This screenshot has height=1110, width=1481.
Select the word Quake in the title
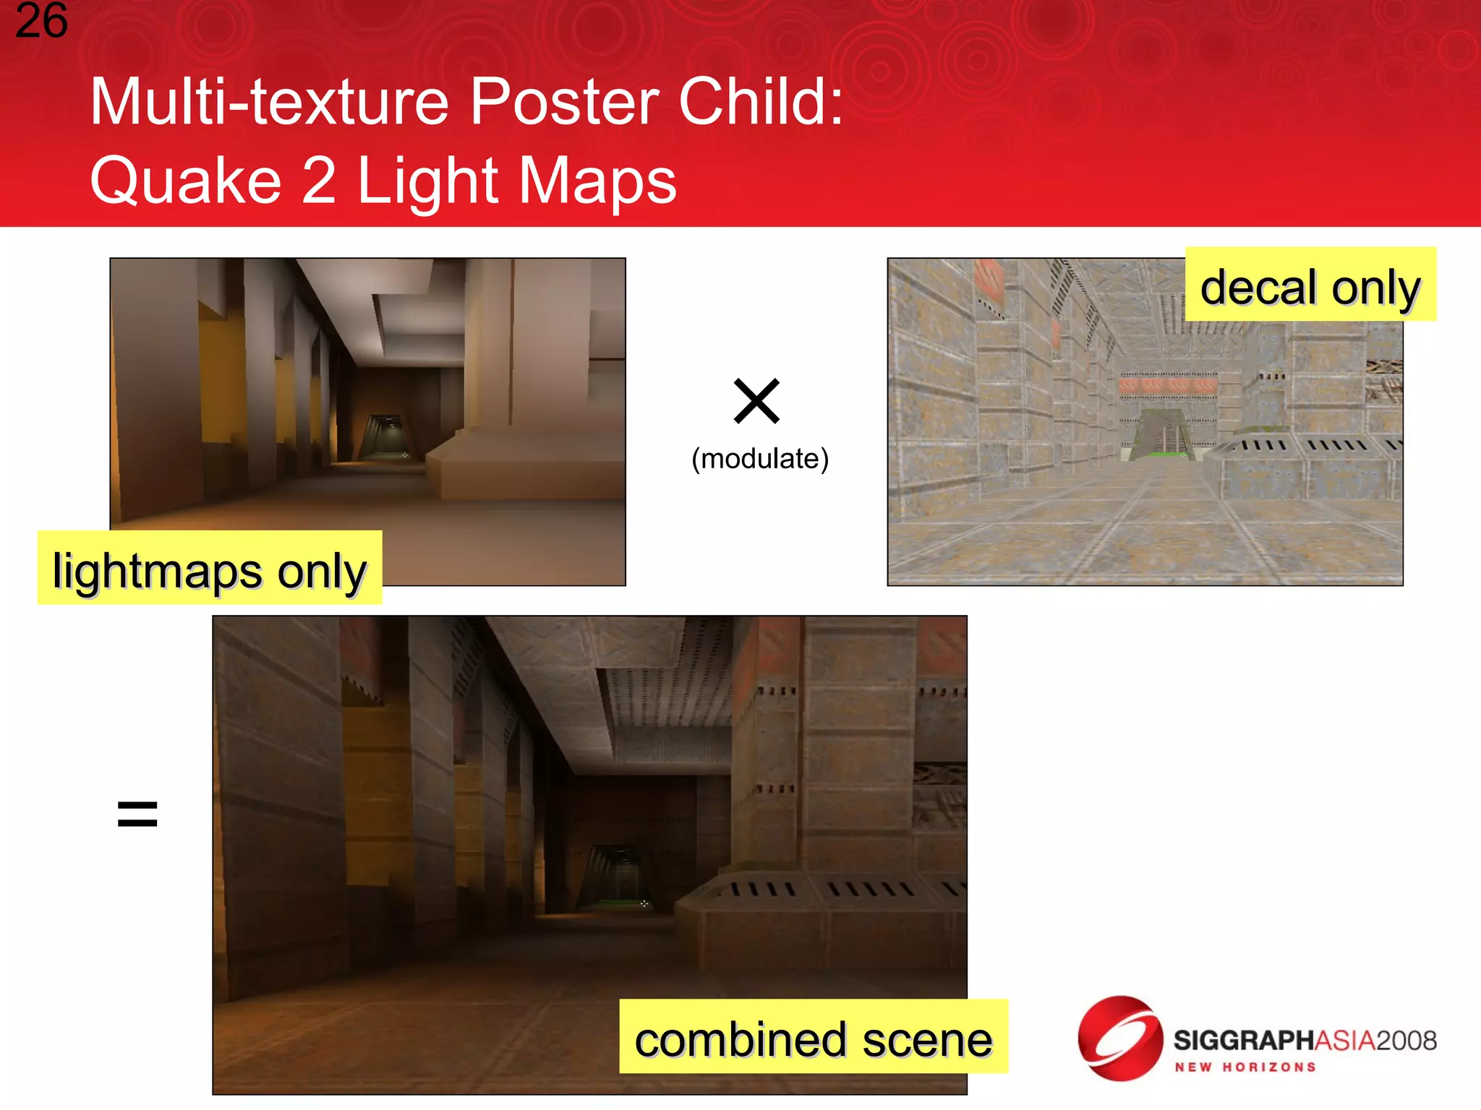185,181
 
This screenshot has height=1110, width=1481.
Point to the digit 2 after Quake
318,181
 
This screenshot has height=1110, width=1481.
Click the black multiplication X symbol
756,400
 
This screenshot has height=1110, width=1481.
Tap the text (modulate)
759,459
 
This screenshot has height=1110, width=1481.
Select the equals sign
137,814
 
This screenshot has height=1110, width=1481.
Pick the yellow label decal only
1310,285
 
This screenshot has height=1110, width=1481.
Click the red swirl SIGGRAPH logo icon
1119,1038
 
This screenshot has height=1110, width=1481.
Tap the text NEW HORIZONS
1245,1067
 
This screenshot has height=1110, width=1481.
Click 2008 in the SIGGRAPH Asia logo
1406,1040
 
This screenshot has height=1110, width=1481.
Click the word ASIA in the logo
1344,1040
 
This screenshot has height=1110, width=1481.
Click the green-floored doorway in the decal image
1161,434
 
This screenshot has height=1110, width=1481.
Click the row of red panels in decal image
1167,385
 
